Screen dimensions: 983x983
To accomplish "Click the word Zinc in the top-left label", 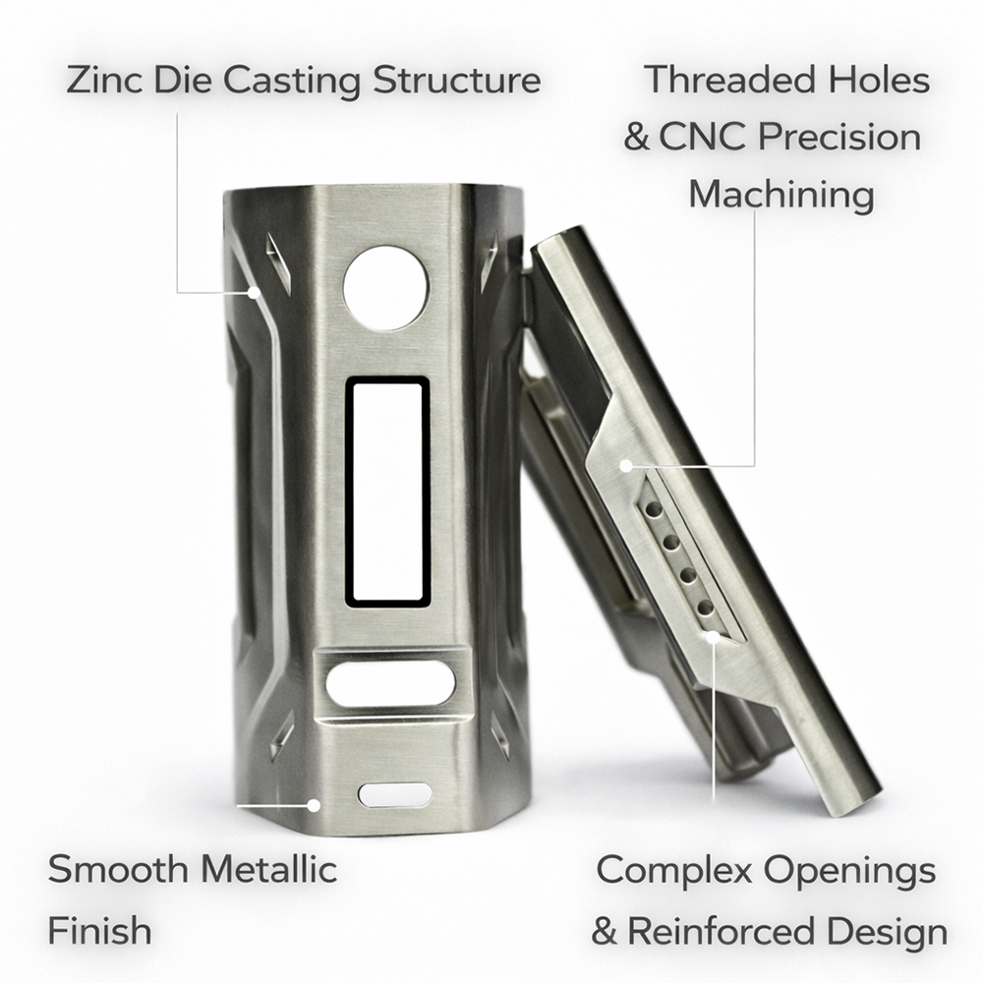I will click(x=102, y=80).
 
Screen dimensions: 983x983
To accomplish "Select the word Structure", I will click(x=456, y=80).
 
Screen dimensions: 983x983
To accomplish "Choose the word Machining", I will click(x=781, y=194).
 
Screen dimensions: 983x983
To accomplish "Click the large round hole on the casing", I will click(x=385, y=287).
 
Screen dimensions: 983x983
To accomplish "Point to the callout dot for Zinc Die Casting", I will click(x=254, y=292).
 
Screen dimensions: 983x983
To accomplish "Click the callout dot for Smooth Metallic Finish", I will click(x=314, y=804).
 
